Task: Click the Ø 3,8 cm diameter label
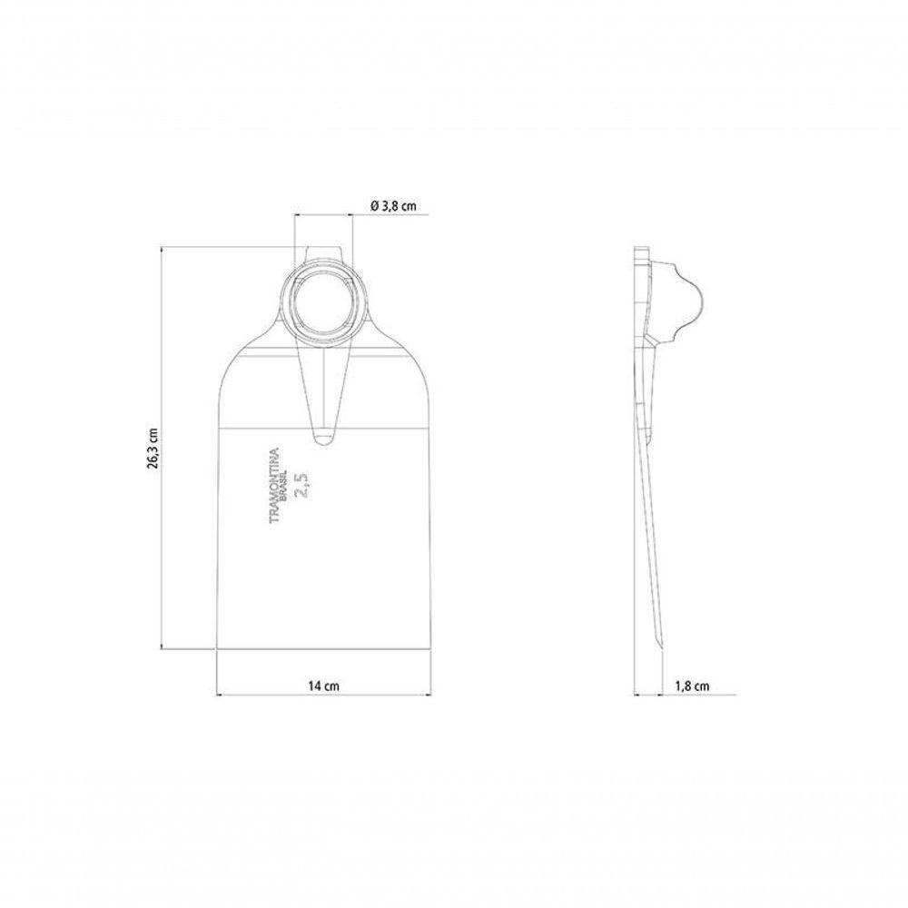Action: [x=392, y=205]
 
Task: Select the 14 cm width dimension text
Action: [x=324, y=686]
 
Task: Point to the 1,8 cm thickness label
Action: [x=692, y=686]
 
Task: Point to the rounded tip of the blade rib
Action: [x=324, y=442]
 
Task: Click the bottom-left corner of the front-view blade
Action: [x=217, y=648]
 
